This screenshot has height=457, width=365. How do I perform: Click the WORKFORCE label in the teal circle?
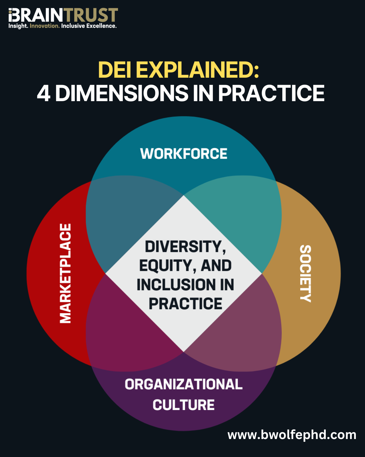point(184,154)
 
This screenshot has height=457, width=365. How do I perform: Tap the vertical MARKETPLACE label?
point(65,273)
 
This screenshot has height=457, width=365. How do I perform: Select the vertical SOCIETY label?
point(305,273)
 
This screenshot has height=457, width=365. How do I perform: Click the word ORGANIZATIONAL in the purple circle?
point(184,384)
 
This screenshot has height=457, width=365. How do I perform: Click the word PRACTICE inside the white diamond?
point(186,304)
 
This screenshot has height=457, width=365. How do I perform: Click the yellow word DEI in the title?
point(115,70)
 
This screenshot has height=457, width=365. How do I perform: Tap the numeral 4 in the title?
point(43,93)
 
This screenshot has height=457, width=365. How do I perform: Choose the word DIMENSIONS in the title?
point(122,93)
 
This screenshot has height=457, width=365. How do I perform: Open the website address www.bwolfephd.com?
point(292,435)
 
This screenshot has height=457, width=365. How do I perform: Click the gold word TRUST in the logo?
point(91,15)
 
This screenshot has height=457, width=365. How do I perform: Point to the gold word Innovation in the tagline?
point(44,26)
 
